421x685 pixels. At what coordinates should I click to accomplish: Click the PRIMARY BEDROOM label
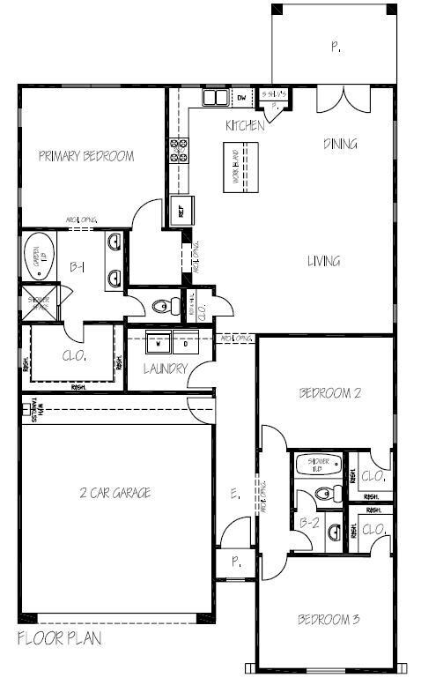click(86, 157)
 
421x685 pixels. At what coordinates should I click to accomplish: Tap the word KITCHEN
click(245, 126)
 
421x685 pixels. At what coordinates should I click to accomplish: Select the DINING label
click(340, 144)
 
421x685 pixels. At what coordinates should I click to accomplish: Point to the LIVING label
click(323, 261)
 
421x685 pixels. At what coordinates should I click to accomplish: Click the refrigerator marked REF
click(186, 211)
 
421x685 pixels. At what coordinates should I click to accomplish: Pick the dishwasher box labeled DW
click(240, 96)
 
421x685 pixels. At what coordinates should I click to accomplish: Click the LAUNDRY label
click(166, 369)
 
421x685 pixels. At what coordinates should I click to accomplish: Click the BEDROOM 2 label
click(329, 393)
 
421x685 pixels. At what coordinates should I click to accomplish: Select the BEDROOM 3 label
click(329, 619)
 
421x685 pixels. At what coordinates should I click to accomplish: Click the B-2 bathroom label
click(308, 523)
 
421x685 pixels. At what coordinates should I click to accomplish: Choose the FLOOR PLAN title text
click(60, 638)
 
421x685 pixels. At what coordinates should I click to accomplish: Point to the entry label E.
click(234, 495)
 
